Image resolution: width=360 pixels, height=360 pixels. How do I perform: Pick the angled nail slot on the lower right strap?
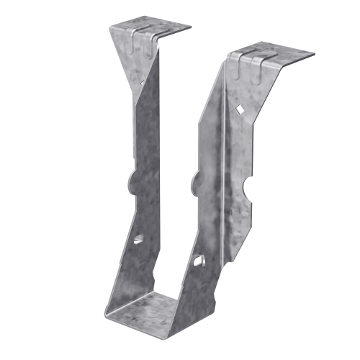(199, 258)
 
